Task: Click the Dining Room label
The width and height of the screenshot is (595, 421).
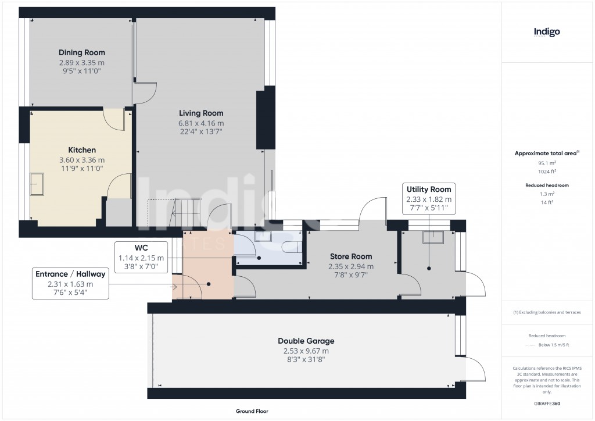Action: [81, 53]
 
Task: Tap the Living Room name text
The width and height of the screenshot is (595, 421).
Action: [201, 113]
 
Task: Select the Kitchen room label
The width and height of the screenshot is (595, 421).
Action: [82, 150]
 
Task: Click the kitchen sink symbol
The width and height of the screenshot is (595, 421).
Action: [37, 184]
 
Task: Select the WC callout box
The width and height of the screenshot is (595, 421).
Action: [141, 257]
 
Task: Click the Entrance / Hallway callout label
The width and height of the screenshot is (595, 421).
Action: [70, 283]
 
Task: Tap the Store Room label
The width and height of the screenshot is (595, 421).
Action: [351, 256]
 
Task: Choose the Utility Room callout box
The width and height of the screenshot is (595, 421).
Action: [429, 198]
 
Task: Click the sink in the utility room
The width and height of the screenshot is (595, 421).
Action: [433, 237]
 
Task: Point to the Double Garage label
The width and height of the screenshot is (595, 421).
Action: [306, 341]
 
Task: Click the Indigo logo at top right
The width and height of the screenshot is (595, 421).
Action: [547, 32]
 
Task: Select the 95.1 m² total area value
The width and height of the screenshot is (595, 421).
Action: [547, 163]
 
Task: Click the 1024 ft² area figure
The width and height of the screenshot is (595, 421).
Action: [547, 172]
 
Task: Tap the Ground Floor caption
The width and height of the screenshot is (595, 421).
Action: [252, 411]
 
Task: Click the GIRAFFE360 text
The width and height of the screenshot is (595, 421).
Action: [547, 404]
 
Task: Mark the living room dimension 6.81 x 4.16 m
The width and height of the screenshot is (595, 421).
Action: [201, 123]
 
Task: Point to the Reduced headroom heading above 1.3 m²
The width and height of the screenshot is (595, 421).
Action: [547, 185]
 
